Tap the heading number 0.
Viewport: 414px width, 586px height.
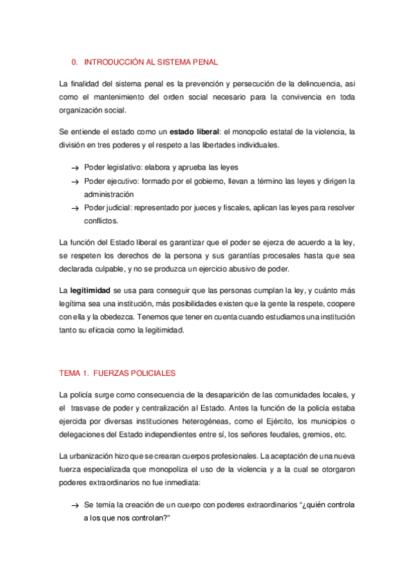point(75,62)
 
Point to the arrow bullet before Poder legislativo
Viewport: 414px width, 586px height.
point(74,169)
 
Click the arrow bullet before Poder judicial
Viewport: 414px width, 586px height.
point(74,208)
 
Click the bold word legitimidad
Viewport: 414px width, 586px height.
point(95,291)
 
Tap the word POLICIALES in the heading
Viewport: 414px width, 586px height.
point(153,372)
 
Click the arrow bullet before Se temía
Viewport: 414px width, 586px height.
point(74,506)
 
